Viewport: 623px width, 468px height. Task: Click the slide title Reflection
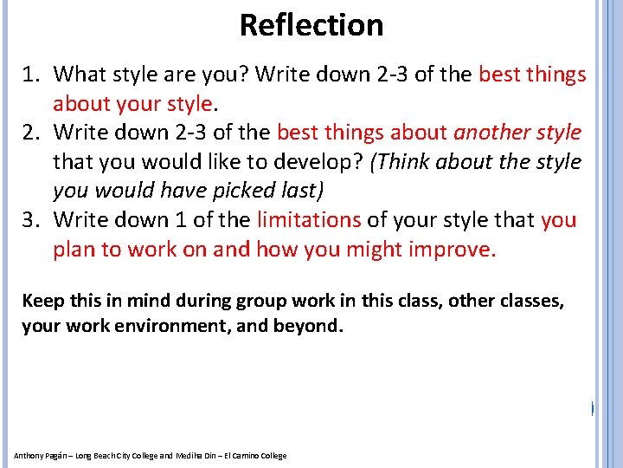pyautogui.click(x=311, y=24)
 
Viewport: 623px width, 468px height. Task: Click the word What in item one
pyautogui.click(x=81, y=75)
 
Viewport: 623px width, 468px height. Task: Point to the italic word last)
pyautogui.click(x=300, y=191)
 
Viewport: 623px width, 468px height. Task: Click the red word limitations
pyautogui.click(x=309, y=220)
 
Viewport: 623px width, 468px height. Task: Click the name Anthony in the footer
pyautogui.click(x=29, y=456)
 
